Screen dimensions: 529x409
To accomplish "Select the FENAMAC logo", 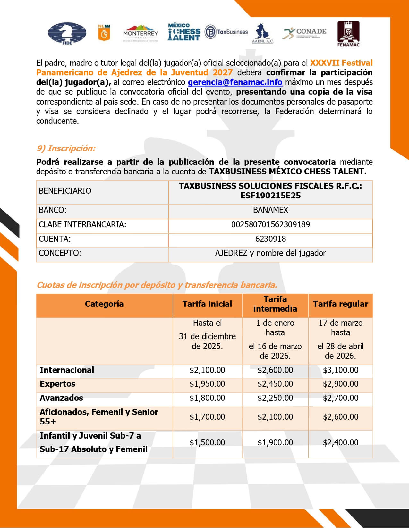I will click(x=348, y=34).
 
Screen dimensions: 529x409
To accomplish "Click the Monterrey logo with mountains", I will click(x=141, y=33).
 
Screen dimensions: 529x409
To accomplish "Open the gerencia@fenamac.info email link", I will click(x=235, y=82).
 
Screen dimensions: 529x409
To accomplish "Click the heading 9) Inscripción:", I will click(x=66, y=148).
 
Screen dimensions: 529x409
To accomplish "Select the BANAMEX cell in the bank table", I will click(x=270, y=210).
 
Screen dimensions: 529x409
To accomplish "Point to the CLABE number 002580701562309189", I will click(x=270, y=224).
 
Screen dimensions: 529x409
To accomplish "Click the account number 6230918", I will click(x=270, y=239).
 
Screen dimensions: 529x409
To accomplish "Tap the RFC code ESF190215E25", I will click(x=270, y=196).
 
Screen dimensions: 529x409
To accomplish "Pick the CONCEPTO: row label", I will click(x=60, y=253).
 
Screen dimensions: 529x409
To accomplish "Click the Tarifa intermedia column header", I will click(x=275, y=304).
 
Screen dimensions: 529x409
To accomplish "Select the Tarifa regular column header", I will click(x=340, y=304).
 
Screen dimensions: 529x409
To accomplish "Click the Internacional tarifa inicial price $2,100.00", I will click(x=207, y=370).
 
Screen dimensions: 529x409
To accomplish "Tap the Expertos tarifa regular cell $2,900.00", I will click(x=340, y=384).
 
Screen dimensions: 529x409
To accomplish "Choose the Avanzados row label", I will click(x=61, y=398).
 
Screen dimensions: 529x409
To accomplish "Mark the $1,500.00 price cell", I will click(x=207, y=442).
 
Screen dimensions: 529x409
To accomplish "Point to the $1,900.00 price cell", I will click(x=275, y=442).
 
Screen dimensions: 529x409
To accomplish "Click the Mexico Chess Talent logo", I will click(x=184, y=32).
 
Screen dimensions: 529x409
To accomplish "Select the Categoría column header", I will click(x=104, y=304).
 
